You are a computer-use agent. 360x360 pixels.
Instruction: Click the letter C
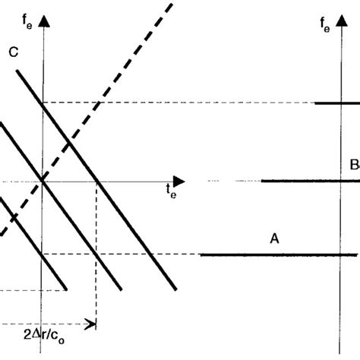pyautogui.click(x=14, y=52)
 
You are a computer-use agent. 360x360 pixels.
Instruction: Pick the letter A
pyautogui.click(x=275, y=238)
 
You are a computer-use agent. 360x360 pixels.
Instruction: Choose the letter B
pyautogui.click(x=353, y=165)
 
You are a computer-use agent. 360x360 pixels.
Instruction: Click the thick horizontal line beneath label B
pyautogui.click(x=304, y=181)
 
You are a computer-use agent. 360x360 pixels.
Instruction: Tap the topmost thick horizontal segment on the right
pyautogui.click(x=337, y=103)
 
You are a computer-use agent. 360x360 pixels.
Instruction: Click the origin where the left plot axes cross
pyautogui.click(x=44, y=181)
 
